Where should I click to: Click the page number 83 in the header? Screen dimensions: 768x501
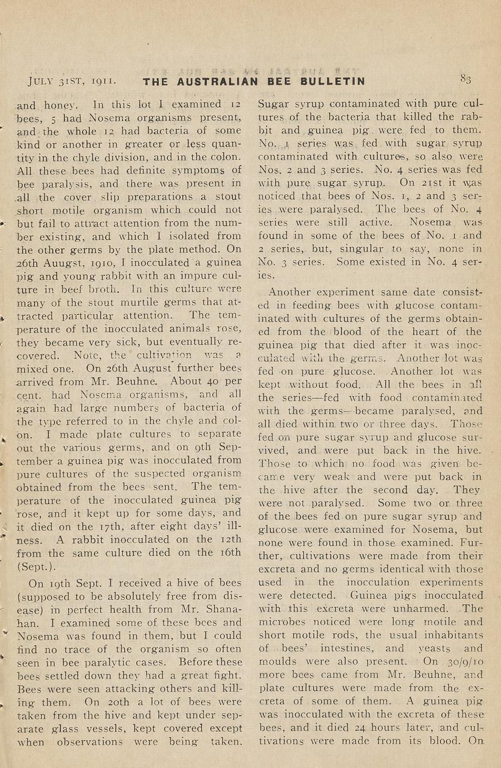(465, 79)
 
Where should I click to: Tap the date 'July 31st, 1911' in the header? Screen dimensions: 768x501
(72, 81)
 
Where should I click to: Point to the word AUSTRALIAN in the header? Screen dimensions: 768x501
(217, 82)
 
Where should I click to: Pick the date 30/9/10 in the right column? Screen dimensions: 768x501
(466, 662)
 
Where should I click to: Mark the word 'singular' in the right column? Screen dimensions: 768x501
(346, 249)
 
